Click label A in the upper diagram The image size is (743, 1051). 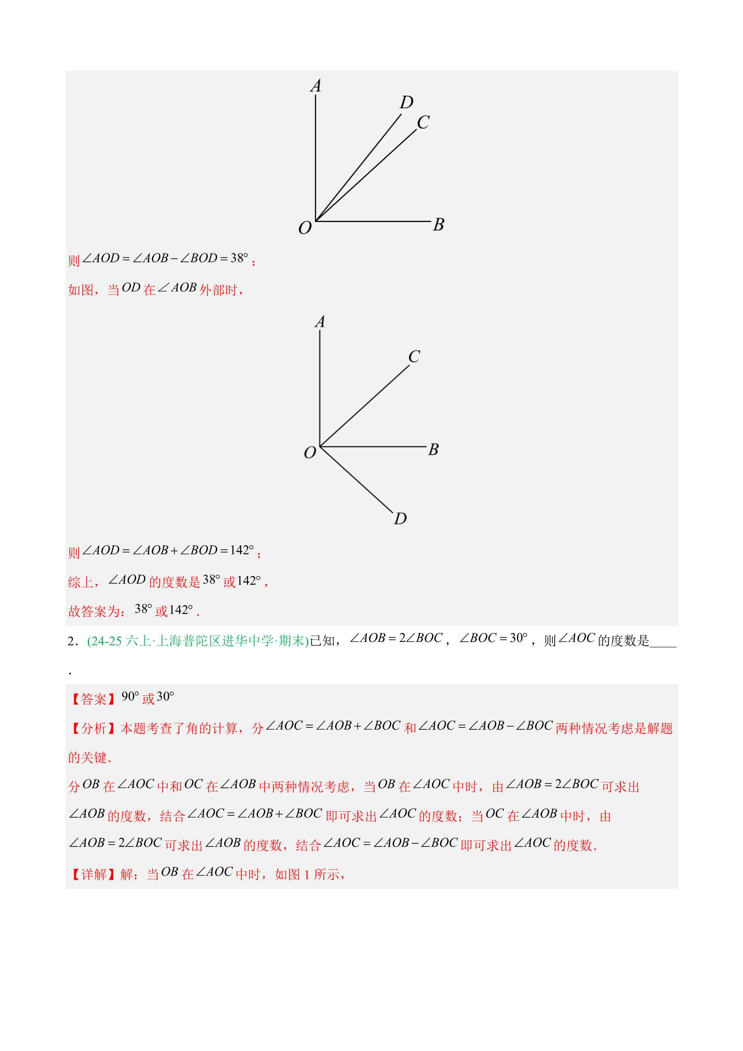(x=316, y=86)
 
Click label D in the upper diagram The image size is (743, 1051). (x=406, y=102)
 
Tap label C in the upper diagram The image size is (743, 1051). (x=423, y=123)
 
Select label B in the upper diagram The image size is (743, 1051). (x=438, y=224)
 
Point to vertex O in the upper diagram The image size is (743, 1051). (x=316, y=221)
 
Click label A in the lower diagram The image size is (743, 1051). (x=320, y=322)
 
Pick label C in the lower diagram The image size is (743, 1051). (x=414, y=356)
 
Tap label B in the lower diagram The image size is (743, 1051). (x=433, y=450)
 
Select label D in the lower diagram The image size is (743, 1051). (x=400, y=519)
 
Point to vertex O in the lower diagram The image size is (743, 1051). (x=320, y=446)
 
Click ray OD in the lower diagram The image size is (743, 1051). (x=357, y=479)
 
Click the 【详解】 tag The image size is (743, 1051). (x=93, y=874)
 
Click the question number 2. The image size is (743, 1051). (x=71, y=641)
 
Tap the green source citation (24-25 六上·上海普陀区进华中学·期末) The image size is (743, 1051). (x=198, y=641)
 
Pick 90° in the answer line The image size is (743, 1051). (x=130, y=697)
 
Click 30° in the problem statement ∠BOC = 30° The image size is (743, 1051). (x=518, y=638)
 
